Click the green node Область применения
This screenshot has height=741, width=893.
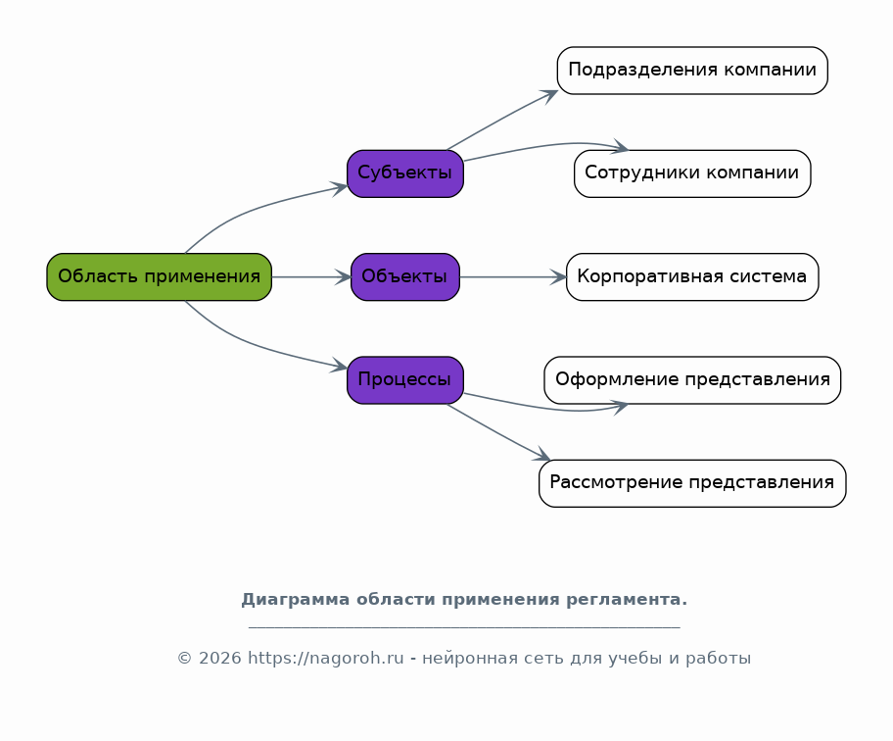pyautogui.click(x=159, y=277)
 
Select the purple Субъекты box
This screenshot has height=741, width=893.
pyautogui.click(x=405, y=173)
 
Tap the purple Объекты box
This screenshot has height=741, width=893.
pyautogui.click(x=405, y=277)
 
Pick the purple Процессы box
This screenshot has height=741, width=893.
pyautogui.click(x=405, y=380)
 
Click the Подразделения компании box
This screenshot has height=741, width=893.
pyautogui.click(x=692, y=71)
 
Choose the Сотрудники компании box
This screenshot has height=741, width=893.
pyautogui.click(x=692, y=173)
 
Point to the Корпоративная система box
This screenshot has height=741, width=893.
pyautogui.click(x=692, y=277)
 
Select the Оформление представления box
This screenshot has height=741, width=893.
pyautogui.click(x=692, y=380)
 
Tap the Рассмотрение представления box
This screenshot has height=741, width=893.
pyautogui.click(x=692, y=483)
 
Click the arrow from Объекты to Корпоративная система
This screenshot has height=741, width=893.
pyautogui.click(x=512, y=277)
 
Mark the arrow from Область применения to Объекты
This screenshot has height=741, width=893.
pyautogui.click(x=311, y=277)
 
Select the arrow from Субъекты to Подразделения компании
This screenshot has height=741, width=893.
pyautogui.click(x=502, y=120)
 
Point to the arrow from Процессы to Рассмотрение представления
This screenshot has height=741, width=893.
pyautogui.click(x=498, y=432)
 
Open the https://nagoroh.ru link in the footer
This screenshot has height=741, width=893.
pyautogui.click(x=326, y=658)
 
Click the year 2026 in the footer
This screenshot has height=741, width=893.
pyautogui.click(x=220, y=658)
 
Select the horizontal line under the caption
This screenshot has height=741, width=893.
pyautogui.click(x=464, y=627)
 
